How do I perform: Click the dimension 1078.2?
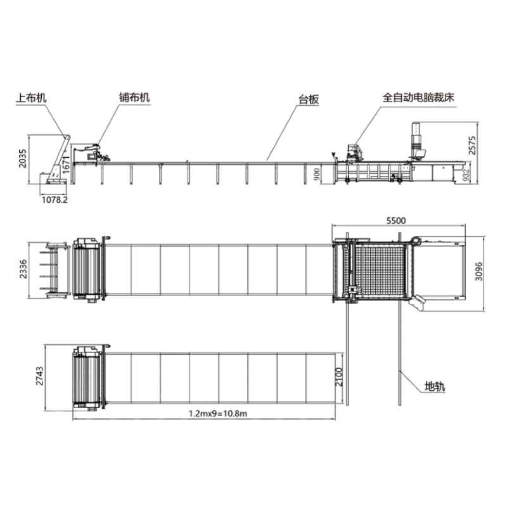coord(55,199)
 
